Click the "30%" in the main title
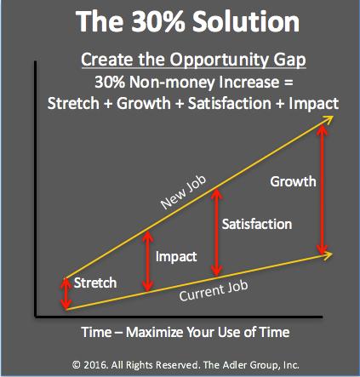(157, 21)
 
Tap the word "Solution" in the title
(246, 21)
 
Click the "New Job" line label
(184, 192)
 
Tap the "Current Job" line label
(214, 291)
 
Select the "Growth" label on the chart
(293, 181)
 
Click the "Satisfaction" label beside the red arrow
(257, 224)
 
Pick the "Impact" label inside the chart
(176, 256)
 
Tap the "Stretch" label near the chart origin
(95, 283)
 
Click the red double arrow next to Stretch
(66, 294)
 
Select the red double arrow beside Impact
(147, 261)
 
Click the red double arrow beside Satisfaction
(217, 231)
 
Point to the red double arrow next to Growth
(322, 190)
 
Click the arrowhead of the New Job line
(329, 118)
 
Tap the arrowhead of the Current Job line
(329, 254)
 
